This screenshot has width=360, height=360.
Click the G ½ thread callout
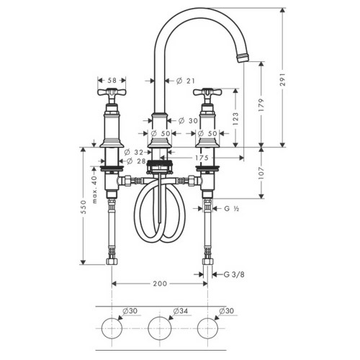tap(232, 209)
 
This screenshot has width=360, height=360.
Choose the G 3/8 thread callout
tap(232, 274)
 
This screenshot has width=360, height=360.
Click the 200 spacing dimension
tap(160, 284)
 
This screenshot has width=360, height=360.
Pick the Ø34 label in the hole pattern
tap(180, 310)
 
